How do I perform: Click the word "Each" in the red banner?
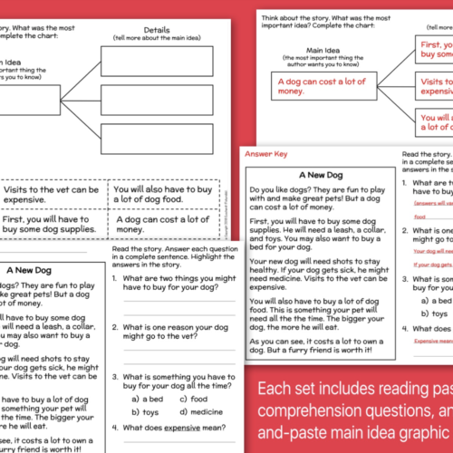pos(273,389)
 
